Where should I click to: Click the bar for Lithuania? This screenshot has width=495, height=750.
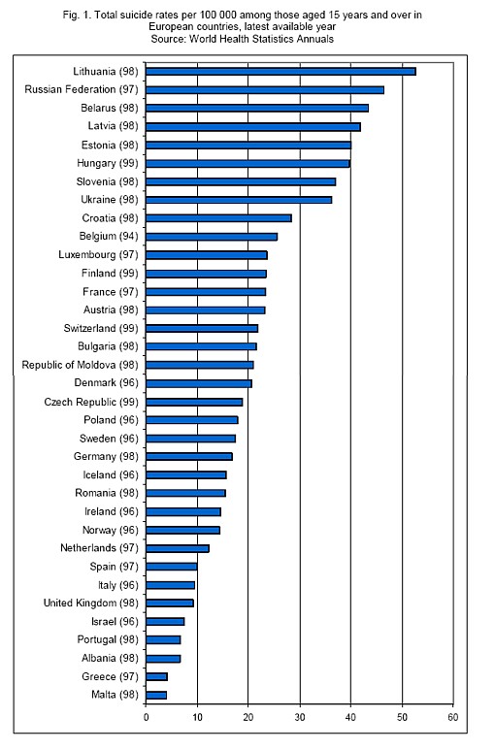pos(280,71)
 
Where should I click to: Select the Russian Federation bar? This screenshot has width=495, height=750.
pos(265,90)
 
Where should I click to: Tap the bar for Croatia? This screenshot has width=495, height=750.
pos(218,218)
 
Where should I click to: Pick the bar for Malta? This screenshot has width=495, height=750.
pos(156,695)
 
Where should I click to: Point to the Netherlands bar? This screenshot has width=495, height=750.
pos(178,548)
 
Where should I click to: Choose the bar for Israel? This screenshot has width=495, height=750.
pos(165,622)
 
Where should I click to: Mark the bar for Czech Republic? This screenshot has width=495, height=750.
pos(194,402)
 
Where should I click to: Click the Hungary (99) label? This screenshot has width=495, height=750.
pos(108,164)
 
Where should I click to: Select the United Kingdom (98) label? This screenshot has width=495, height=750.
pos(91,603)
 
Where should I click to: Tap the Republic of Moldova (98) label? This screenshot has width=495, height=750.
pos(80,365)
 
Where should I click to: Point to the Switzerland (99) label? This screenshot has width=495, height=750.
pos(101,328)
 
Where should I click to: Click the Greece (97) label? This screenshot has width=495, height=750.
pos(110,676)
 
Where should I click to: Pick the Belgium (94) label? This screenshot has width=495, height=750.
pos(109,237)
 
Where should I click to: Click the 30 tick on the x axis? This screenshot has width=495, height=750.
pos(300,717)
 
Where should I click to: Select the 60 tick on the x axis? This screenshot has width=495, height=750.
pos(453,717)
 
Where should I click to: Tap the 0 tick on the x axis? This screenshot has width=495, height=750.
pos(146,717)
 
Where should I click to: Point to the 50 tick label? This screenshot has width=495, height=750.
pos(402,717)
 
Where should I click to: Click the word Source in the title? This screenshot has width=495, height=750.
pos(168,39)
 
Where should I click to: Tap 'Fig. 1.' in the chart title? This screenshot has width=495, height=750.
pos(77,16)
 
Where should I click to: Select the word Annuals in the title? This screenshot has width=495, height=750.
pos(314,39)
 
